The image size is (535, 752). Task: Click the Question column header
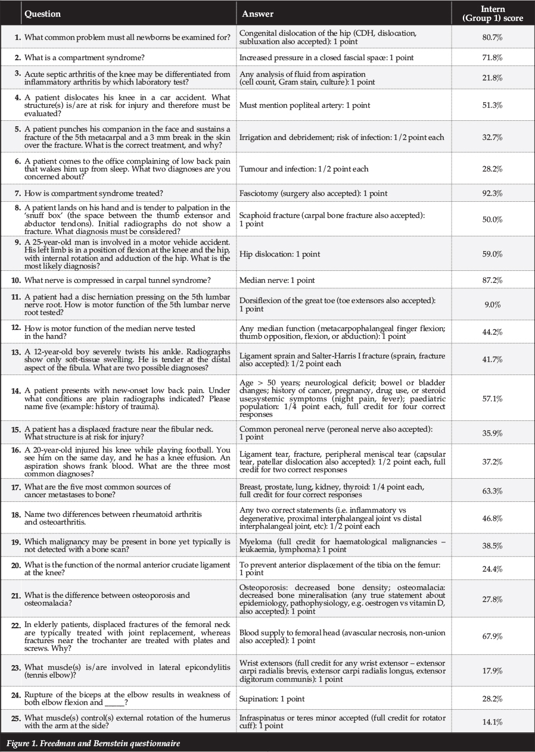42,14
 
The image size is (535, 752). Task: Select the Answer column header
258,14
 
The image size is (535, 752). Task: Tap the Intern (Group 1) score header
493,14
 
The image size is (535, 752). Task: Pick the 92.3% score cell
493,193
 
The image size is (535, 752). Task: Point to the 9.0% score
493,304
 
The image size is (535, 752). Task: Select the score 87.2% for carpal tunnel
493,280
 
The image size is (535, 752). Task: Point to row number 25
16,717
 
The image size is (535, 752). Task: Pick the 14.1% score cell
493,722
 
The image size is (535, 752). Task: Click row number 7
17,193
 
